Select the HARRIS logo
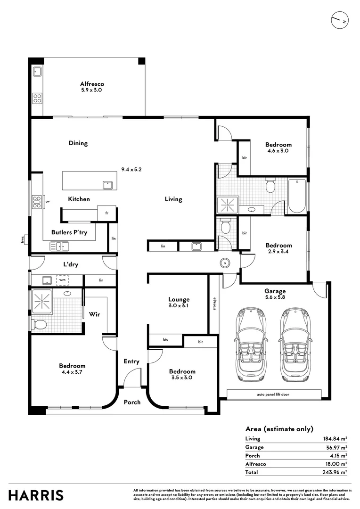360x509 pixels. (x=36, y=495)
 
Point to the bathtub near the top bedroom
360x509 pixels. (x=297, y=196)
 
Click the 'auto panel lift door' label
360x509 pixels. (x=274, y=394)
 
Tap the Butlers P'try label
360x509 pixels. (x=69, y=232)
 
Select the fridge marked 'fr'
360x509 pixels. (x=107, y=213)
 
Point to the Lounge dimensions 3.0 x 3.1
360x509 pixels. (x=179, y=306)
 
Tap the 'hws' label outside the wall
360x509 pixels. (x=22, y=240)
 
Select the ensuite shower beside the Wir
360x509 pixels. (x=41, y=300)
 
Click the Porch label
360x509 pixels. (x=132, y=402)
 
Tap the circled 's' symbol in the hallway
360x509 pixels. (x=225, y=262)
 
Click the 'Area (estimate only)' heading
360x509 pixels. (x=279, y=428)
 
